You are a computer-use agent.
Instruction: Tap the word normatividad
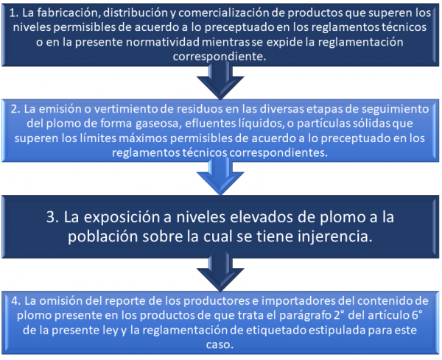(x=163, y=42)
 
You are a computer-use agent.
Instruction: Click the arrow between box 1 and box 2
(x=220, y=80)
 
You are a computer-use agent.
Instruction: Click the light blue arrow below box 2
(x=220, y=176)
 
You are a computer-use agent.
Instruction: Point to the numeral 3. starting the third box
(x=53, y=217)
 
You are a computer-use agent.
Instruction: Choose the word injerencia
(x=335, y=236)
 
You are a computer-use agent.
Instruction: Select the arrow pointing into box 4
(x=220, y=272)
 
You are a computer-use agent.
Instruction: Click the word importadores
(x=298, y=301)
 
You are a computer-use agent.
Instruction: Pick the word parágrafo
(x=305, y=316)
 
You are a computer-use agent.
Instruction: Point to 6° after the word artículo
(x=418, y=315)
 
